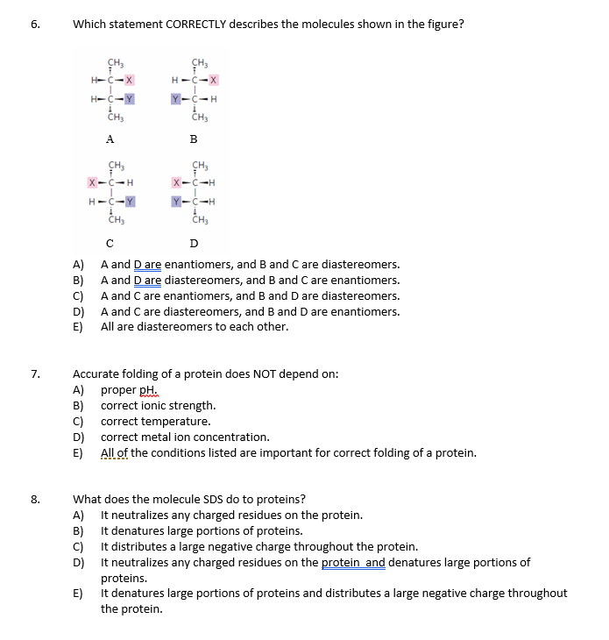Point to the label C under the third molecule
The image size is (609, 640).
pyautogui.click(x=109, y=243)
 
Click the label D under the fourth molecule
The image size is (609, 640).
pyautogui.click(x=194, y=243)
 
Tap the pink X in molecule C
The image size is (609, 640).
pyautogui.click(x=92, y=182)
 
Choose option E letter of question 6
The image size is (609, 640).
pyautogui.click(x=77, y=327)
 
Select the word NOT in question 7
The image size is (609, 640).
pyautogui.click(x=250, y=374)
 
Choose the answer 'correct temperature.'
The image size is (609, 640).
pyautogui.click(x=155, y=422)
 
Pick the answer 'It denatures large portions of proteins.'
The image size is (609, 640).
pyautogui.click(x=202, y=531)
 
